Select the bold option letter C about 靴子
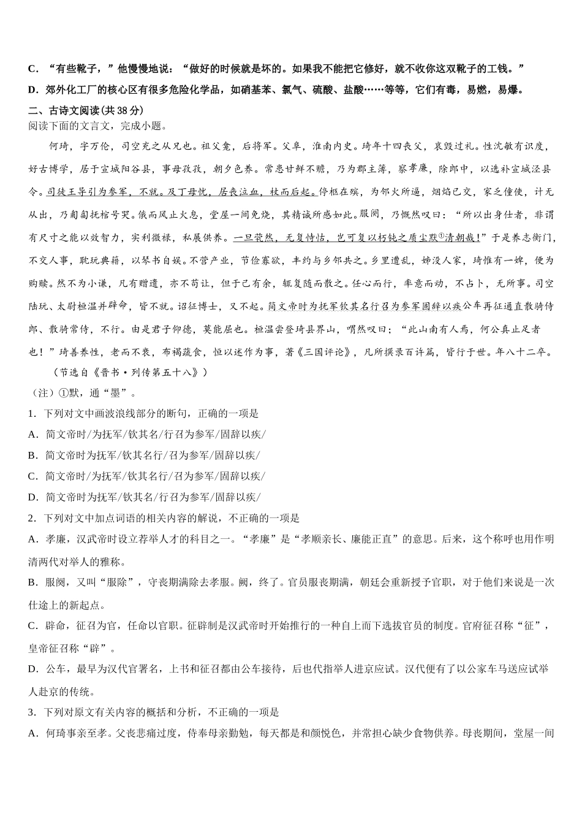point(32,68)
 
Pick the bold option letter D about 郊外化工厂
point(32,90)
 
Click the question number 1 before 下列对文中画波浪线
point(31,414)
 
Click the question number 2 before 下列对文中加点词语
point(31,518)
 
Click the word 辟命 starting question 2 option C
point(56,626)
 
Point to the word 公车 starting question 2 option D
point(56,669)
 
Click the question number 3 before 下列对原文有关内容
point(31,712)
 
